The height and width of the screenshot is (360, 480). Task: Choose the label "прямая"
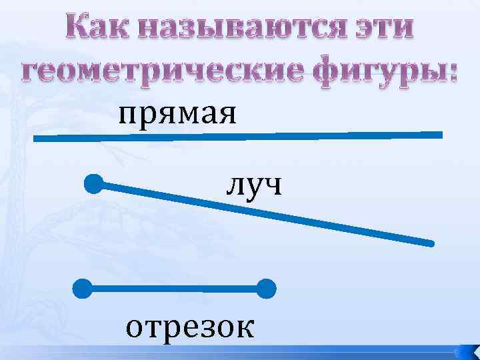pos(177,114)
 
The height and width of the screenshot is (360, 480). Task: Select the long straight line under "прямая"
pos(239,137)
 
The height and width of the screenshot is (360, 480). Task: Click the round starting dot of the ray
pos(94,183)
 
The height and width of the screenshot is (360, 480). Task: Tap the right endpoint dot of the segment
pos(266,289)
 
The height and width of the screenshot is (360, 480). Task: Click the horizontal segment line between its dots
pos(174,289)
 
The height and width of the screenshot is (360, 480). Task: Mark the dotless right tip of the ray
pos(432,243)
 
